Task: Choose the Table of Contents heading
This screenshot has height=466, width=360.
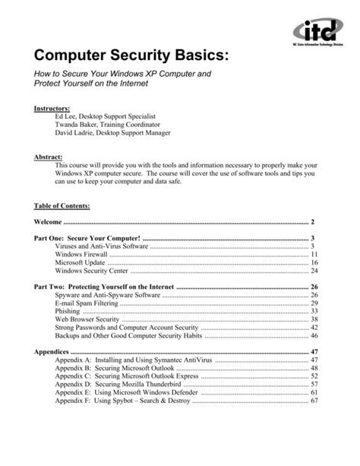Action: (62, 206)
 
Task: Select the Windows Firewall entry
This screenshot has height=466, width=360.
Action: (83, 254)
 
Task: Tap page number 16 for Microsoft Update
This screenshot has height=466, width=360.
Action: (313, 262)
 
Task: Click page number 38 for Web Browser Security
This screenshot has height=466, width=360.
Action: (313, 319)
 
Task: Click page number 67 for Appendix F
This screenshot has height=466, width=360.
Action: (313, 401)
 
